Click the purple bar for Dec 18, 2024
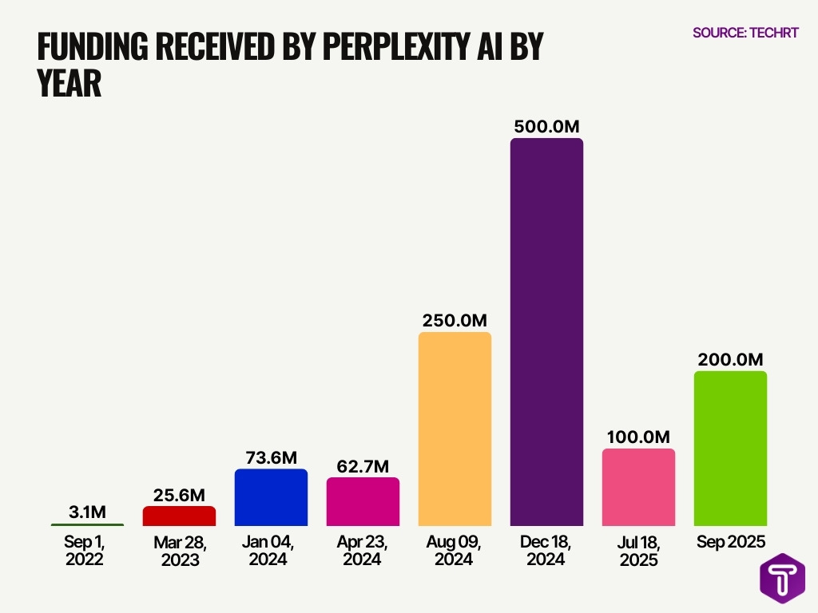click(x=546, y=331)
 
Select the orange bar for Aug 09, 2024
click(x=455, y=428)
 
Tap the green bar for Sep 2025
click(x=730, y=448)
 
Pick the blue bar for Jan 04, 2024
click(x=271, y=496)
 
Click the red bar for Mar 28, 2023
click(x=179, y=516)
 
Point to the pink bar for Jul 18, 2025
click(x=638, y=486)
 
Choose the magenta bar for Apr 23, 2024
click(x=363, y=501)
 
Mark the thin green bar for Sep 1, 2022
click(x=87, y=524)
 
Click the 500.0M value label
click(x=546, y=126)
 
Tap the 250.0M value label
click(x=455, y=320)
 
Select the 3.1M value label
click(x=87, y=511)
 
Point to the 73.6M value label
click(x=271, y=457)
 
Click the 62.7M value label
click(x=363, y=465)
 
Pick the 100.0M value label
click(x=638, y=437)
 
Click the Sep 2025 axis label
click(x=730, y=542)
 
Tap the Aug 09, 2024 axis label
click(x=455, y=551)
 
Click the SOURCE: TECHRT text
click(x=745, y=33)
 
